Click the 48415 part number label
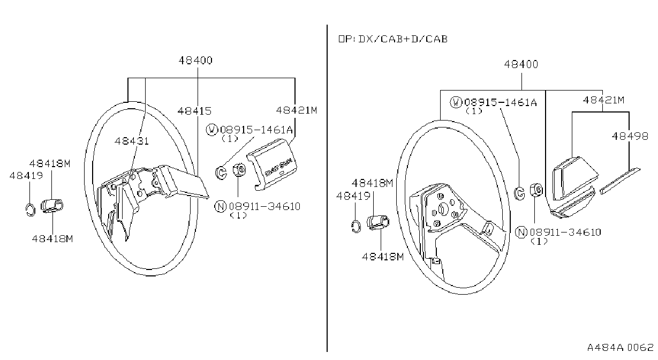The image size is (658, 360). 194,111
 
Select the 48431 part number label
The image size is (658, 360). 132,141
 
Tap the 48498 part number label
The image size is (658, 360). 630,136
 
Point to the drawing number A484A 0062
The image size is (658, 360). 620,347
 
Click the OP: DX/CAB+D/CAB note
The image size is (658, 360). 393,39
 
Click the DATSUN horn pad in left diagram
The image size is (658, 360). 272,164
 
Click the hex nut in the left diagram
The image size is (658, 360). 239,170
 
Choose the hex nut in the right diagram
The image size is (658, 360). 536,190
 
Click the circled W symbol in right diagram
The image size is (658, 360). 456,102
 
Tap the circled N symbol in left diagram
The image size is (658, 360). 220,206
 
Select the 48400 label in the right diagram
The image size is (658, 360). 521,64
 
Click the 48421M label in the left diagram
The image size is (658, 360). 297,110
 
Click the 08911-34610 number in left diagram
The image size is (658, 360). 264,206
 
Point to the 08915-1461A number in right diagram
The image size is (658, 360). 501,102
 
